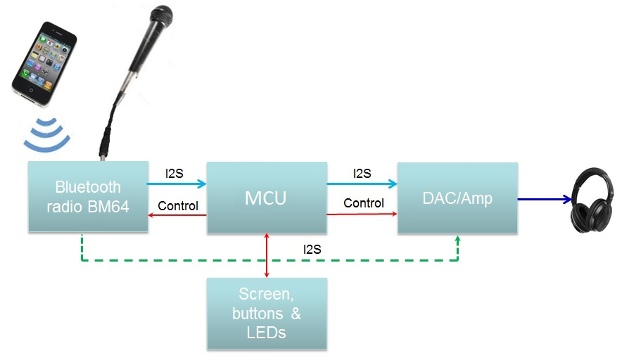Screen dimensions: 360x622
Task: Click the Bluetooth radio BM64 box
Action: coord(88,197)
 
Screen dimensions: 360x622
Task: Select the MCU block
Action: coord(266,198)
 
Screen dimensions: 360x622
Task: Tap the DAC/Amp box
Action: coord(457,198)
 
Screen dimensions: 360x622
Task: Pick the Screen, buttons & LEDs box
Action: coord(266,313)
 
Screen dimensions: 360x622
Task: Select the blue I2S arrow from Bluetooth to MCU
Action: coord(177,184)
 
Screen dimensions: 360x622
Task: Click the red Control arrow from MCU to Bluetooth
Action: coord(177,214)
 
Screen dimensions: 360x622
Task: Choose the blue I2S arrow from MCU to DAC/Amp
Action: coord(362,184)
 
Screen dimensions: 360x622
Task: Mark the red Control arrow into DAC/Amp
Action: coord(362,214)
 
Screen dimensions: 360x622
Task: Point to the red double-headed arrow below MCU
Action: coord(267,255)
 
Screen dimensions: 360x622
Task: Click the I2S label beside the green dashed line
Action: coord(313,248)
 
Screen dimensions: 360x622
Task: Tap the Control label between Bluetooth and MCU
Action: coord(177,206)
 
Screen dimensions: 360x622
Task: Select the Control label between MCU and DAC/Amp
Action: coord(363,203)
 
